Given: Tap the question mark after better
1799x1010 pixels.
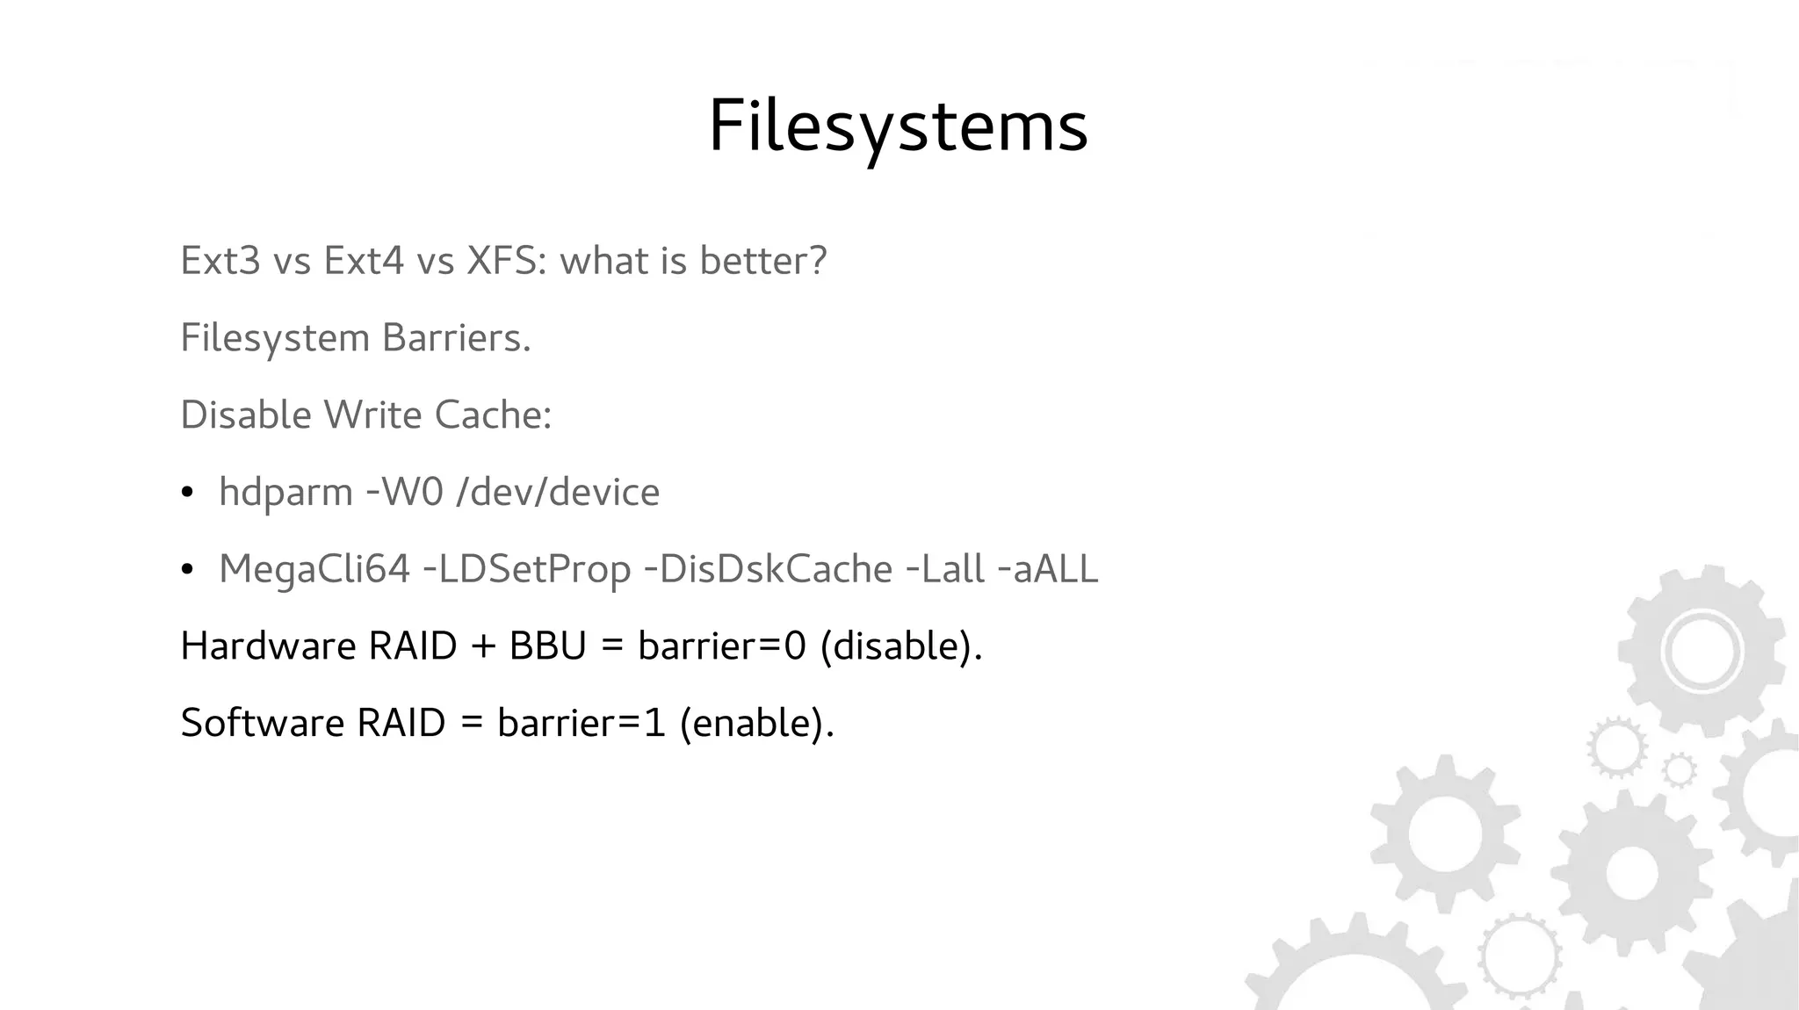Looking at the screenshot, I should click(817, 261).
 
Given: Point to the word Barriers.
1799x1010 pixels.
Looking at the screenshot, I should click(456, 338).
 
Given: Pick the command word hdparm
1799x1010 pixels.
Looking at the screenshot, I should click(285, 493).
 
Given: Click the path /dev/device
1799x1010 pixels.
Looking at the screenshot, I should click(558, 492).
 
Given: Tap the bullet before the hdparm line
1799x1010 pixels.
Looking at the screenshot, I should click(186, 494).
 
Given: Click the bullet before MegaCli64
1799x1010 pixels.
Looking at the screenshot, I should click(186, 571).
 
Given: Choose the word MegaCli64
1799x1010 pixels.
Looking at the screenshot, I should click(314, 569).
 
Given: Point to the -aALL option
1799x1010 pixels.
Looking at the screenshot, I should click(1048, 569).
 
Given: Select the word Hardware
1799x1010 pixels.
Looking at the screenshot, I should click(267, 646).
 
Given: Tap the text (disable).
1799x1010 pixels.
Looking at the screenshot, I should click(900, 647).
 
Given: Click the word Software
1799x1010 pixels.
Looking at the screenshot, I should click(262, 724).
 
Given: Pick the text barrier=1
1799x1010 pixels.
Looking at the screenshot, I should click(581, 724).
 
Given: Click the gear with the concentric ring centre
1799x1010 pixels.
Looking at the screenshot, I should click(1702, 653).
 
